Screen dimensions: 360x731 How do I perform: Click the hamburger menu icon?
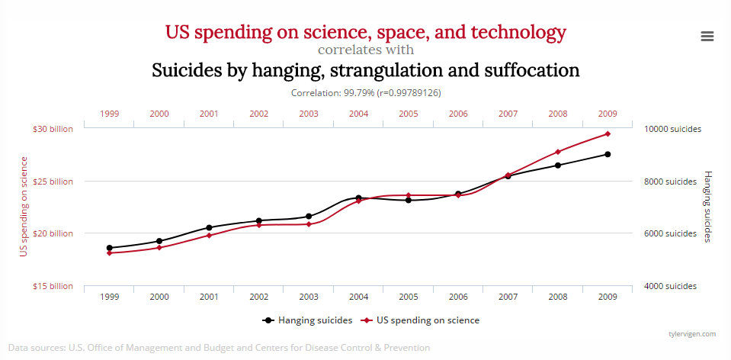pos(707,36)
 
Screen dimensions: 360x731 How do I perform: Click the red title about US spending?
pos(366,32)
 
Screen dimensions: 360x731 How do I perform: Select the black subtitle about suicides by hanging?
pos(366,71)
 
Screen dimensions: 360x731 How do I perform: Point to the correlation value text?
pos(366,92)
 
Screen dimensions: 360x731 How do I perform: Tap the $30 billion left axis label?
pos(53,129)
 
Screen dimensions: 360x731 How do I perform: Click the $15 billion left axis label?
pos(53,286)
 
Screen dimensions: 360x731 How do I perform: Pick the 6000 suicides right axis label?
pos(670,233)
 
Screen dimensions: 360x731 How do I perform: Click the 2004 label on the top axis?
pos(358,114)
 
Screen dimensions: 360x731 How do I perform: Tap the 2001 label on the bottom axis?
pos(209,297)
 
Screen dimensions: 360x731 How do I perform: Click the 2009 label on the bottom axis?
pos(608,297)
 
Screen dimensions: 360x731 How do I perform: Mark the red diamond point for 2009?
pos(608,133)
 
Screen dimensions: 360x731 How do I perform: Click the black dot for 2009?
pos(608,154)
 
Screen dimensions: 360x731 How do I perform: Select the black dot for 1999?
pos(110,248)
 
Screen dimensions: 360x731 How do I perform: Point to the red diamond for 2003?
pos(309,224)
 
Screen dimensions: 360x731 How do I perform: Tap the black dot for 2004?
pos(358,198)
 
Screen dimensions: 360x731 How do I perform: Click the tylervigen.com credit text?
pos(691,333)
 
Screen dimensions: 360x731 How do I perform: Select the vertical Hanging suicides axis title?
pos(707,207)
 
